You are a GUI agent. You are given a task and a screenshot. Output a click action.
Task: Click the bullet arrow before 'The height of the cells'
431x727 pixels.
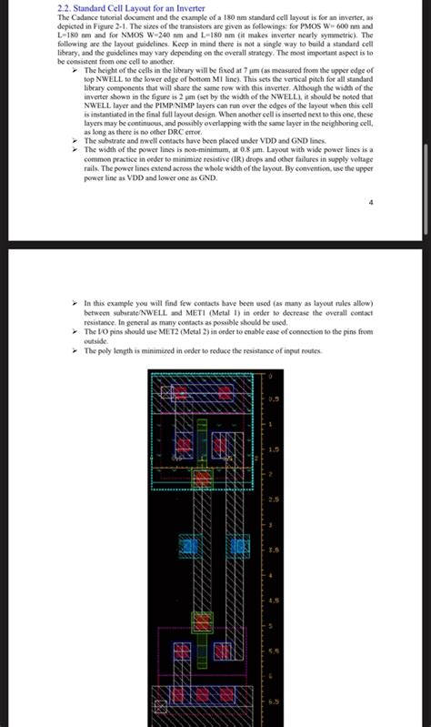click(76, 69)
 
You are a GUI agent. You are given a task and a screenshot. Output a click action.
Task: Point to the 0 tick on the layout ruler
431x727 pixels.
click(269, 376)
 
